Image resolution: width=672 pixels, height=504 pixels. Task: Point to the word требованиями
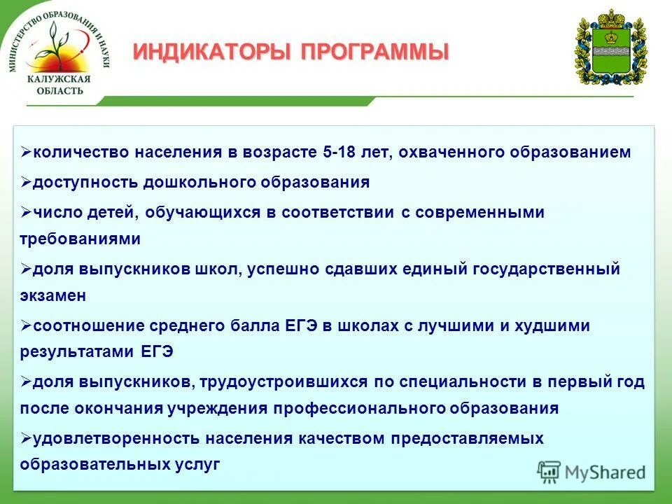(x=80, y=239)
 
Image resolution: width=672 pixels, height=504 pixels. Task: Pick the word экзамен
(x=53, y=295)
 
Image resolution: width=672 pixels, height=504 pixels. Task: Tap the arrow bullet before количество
(x=26, y=152)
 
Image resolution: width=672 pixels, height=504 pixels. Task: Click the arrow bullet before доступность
(x=26, y=182)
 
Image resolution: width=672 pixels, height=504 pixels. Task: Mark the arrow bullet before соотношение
(x=26, y=325)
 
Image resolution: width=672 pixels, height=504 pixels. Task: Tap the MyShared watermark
(x=591, y=472)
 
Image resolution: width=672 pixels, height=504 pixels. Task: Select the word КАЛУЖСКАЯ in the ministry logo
(x=59, y=79)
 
